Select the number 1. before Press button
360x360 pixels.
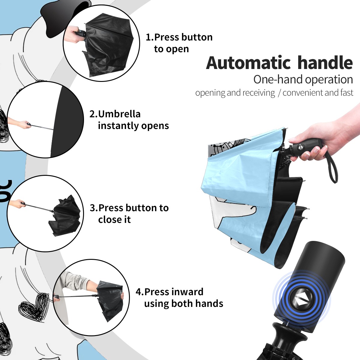tap(149, 37)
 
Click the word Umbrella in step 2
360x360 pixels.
tap(119, 114)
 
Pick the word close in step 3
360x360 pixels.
tap(109, 219)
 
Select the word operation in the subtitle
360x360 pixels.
tap(329, 80)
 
